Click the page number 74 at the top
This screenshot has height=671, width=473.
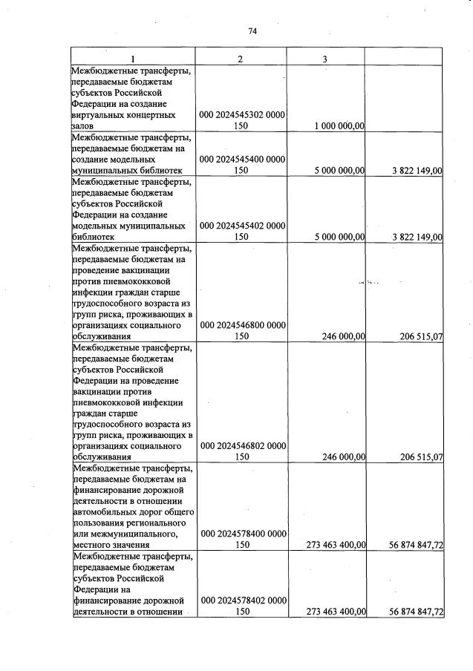pos(252,31)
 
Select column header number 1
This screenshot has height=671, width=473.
pos(132,59)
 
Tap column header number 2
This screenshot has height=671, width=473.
pos(240,59)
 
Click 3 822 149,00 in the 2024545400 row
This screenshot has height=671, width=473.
pos(417,171)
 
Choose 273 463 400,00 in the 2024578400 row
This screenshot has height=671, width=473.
pos(336,545)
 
